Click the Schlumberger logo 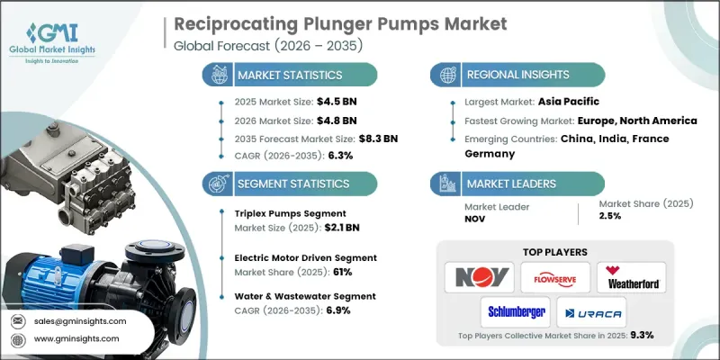(516, 312)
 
